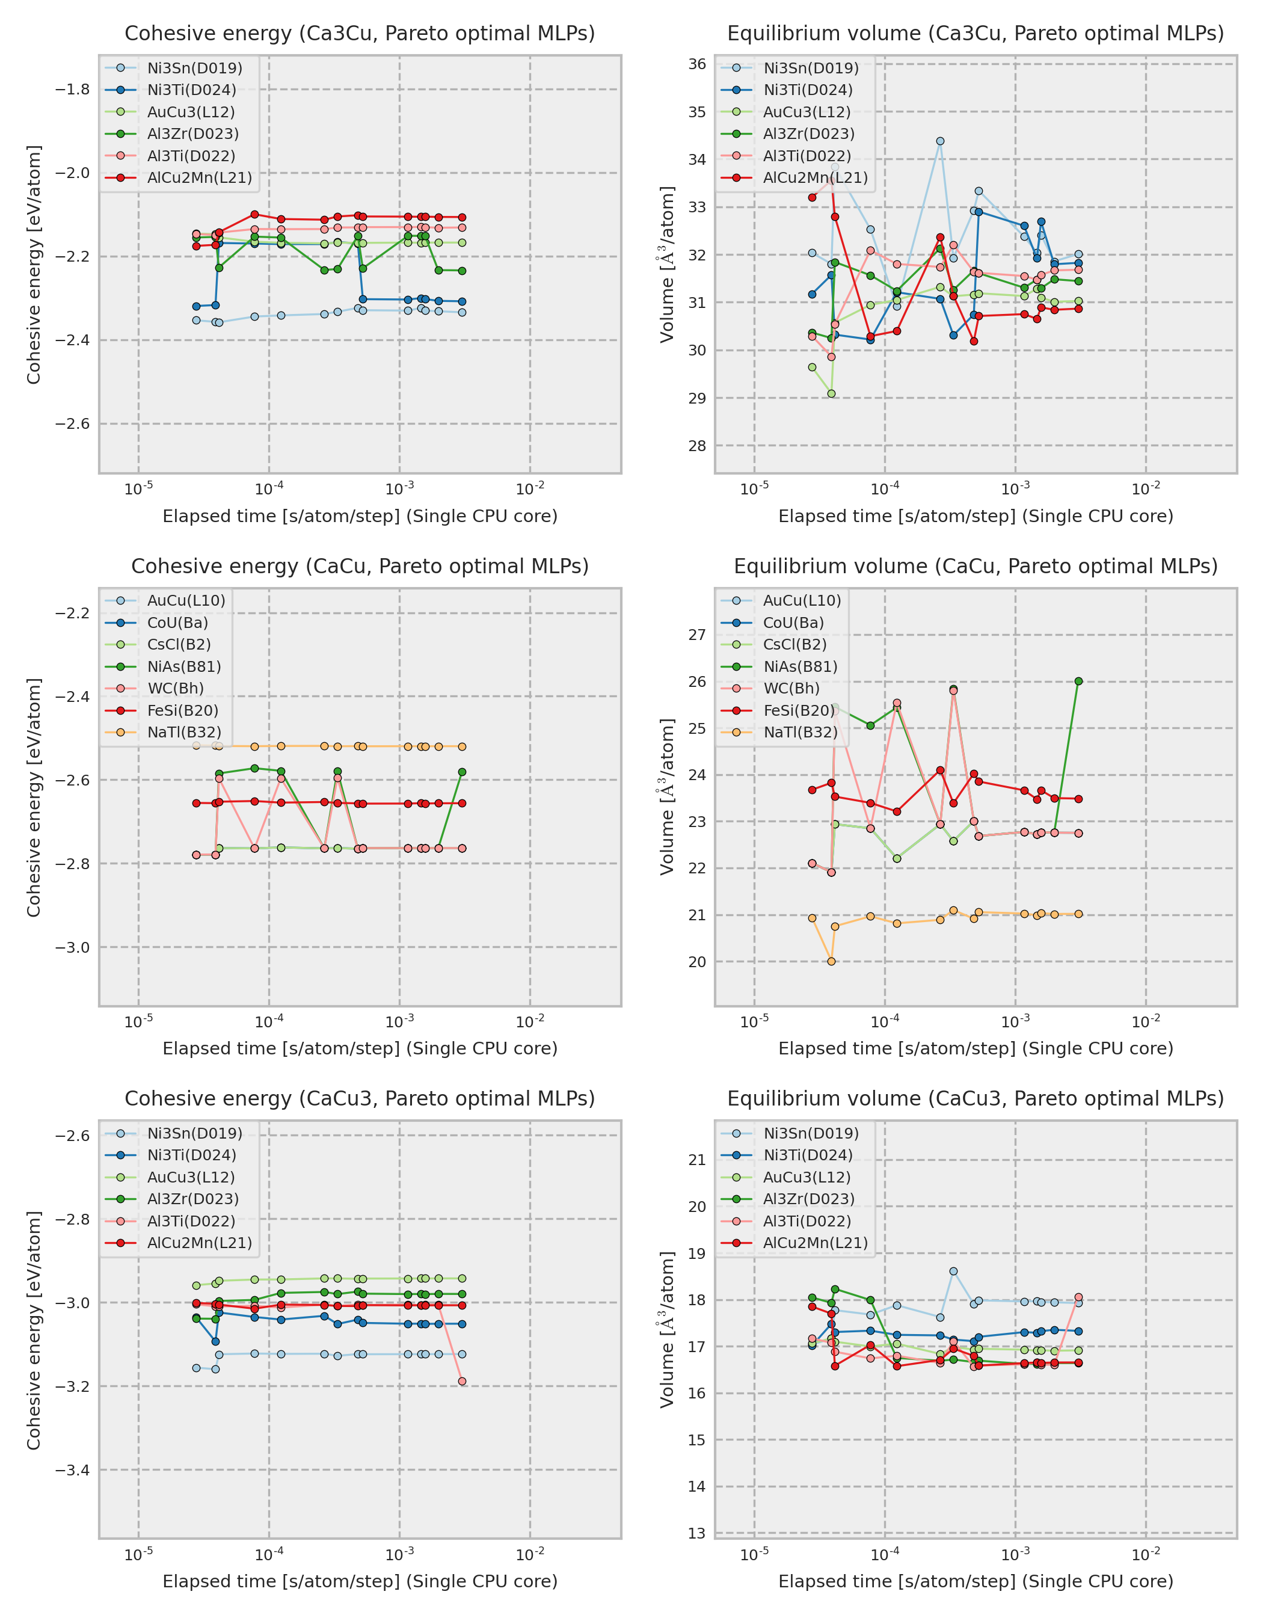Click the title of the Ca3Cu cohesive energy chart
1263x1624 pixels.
pyautogui.click(x=360, y=34)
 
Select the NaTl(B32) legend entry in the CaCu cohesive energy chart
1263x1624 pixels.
pyautogui.click(x=183, y=733)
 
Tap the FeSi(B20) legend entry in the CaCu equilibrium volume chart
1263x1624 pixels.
pyautogui.click(x=798, y=710)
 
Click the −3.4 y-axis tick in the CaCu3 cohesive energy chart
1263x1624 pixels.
pyautogui.click(x=72, y=1469)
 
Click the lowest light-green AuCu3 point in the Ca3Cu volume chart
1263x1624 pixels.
pyautogui.click(x=831, y=393)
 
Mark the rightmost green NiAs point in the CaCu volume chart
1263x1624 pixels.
pyautogui.click(x=1078, y=681)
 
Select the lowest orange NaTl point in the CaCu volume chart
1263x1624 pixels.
pyautogui.click(x=831, y=961)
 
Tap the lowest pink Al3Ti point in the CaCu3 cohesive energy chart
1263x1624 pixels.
pyautogui.click(x=462, y=1382)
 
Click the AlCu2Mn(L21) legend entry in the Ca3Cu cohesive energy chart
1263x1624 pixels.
pyautogui.click(x=199, y=177)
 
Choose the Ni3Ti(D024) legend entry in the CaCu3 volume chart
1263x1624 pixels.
pyautogui.click(x=807, y=1155)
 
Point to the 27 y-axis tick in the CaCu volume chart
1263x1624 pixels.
pyautogui.click(x=696, y=635)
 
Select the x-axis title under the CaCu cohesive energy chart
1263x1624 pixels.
pyautogui.click(x=360, y=1048)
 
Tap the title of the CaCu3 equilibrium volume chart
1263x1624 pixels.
pyautogui.click(x=976, y=1098)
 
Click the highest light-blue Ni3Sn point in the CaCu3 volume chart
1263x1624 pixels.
pyautogui.click(x=953, y=1272)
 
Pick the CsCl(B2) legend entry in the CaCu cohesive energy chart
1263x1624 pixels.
pyautogui.click(x=179, y=645)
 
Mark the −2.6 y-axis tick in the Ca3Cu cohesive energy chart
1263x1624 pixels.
pyautogui.click(x=72, y=424)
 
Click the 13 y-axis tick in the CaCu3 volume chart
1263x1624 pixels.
pyautogui.click(x=696, y=1533)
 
